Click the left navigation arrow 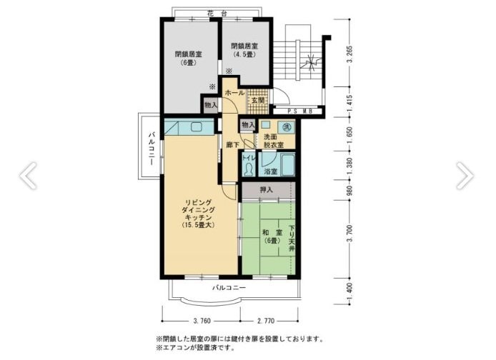pos(29,174)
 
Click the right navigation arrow pos(465,174)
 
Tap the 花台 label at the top pos(217,14)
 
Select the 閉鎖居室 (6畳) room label pos(188,58)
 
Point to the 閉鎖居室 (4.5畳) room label pos(244,51)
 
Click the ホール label pos(235,94)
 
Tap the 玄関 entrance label pos(257,100)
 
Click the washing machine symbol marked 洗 pos(287,126)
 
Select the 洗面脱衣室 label pos(272,140)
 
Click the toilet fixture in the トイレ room pos(247,169)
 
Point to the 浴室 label pos(271,172)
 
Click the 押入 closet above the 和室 pos(266,191)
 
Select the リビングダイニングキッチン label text pos(198,212)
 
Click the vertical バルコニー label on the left pos(152,151)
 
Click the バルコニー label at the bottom pos(229,288)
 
